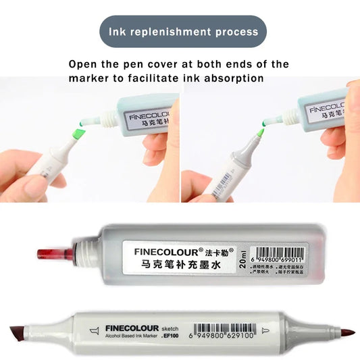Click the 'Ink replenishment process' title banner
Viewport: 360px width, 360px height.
pyautogui.click(x=180, y=32)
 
